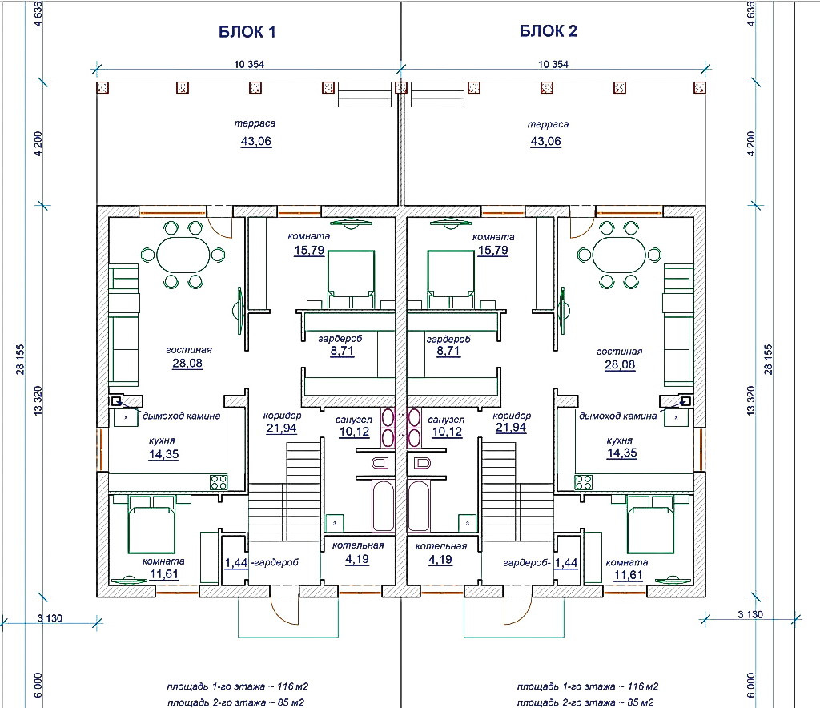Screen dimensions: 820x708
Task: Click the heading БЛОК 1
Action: click(247, 32)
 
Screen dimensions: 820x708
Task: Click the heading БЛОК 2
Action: click(549, 32)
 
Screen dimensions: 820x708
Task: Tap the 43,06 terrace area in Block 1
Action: click(255, 142)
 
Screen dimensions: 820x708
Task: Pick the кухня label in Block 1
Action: click(162, 440)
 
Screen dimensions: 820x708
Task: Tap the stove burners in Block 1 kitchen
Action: click(219, 481)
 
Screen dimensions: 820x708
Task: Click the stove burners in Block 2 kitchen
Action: click(584, 481)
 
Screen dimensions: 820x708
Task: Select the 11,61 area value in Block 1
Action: click(163, 575)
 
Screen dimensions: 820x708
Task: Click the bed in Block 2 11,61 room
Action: click(650, 524)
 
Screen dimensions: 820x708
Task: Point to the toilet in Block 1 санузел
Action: click(381, 462)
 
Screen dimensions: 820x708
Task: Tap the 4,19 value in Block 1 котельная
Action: click(357, 560)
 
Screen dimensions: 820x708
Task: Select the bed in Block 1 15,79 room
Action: click(351, 276)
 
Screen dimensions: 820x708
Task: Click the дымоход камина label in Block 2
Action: click(617, 416)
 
